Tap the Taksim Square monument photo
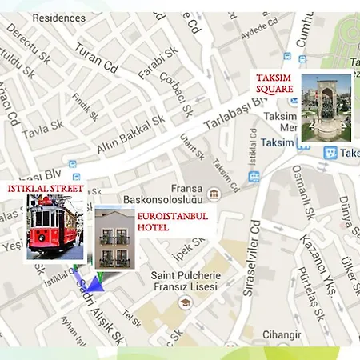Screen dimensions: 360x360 [326, 107]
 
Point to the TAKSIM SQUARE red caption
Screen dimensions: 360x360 [274, 83]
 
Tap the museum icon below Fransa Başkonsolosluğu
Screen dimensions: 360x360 [214, 194]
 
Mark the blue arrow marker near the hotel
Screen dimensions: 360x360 [94, 282]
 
